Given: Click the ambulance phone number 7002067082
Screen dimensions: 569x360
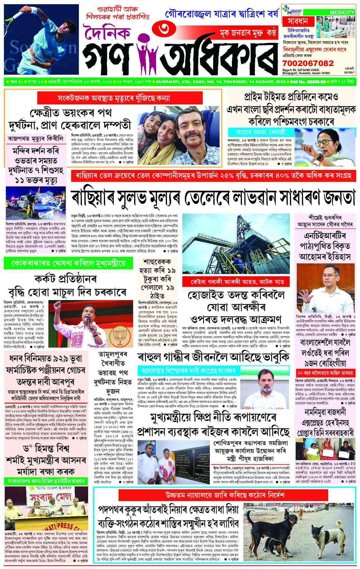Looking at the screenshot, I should point(308,63).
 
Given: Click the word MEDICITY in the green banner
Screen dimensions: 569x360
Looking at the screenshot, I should point(342,13).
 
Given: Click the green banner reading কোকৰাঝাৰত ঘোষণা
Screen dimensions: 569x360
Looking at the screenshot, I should point(68,263).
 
